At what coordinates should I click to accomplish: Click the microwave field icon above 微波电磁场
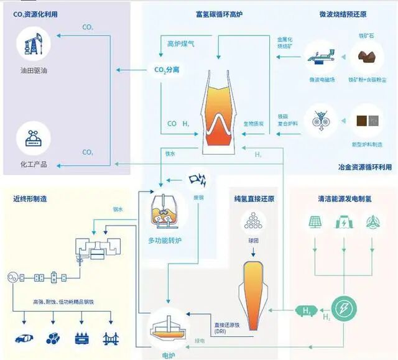click(x=322, y=58)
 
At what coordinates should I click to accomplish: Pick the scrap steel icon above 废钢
click(x=198, y=180)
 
